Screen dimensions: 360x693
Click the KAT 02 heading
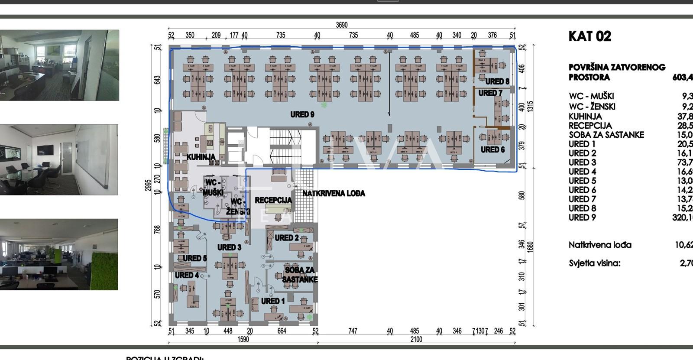coord(589,36)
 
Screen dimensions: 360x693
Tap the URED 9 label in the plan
coord(302,114)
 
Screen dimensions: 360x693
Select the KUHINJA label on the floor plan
coord(201,157)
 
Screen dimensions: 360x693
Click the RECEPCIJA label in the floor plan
coord(273,200)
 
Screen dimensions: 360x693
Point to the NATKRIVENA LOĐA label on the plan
coord(334,193)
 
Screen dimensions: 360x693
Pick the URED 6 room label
coord(492,149)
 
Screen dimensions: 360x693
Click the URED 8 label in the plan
coord(497,81)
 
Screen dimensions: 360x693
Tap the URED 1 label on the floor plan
coord(273,301)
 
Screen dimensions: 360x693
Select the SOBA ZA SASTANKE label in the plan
coord(300,275)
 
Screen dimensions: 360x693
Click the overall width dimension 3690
coord(342,25)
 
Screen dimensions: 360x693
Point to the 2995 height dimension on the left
coord(149,185)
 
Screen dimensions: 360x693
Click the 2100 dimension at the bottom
coord(416,339)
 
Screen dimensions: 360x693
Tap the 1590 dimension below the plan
coord(243,339)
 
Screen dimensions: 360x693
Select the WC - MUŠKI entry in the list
coord(591,96)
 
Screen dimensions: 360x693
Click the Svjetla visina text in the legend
coord(594,263)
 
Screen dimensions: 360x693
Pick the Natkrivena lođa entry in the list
coord(600,245)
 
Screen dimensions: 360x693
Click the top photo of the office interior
coord(59,65)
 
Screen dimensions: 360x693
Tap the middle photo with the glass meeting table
coord(59,159)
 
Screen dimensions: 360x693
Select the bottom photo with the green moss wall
coord(59,254)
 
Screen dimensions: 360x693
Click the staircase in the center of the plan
coord(286,145)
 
